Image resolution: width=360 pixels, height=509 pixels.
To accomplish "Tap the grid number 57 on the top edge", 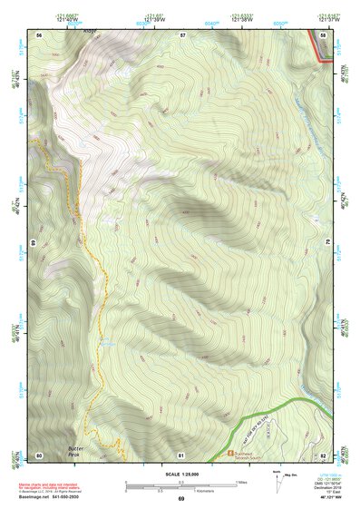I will [182, 34].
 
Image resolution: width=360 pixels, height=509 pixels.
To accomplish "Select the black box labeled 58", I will [324, 34].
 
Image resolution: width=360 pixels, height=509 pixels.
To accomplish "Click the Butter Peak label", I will [80, 451].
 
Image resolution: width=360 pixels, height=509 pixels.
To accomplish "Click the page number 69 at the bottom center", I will [180, 500].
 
